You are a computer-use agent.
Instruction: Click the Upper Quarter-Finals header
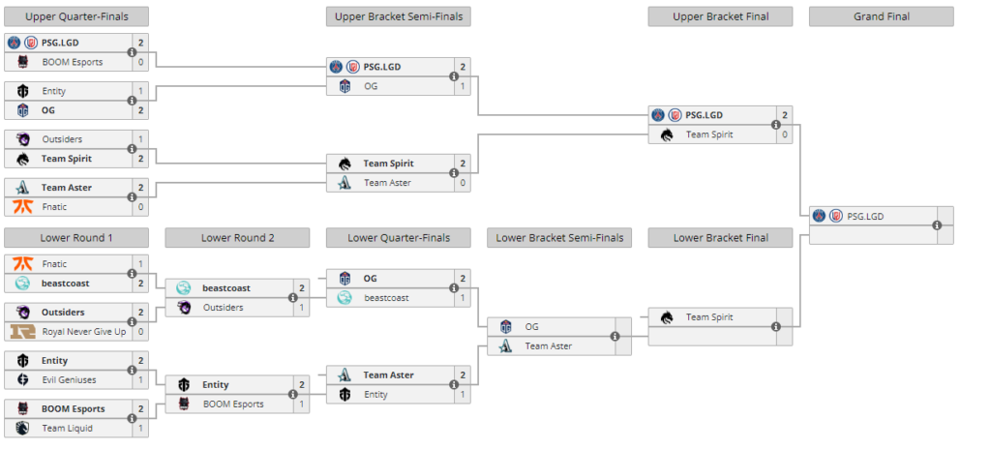pos(76,16)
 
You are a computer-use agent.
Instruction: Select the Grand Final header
pos(881,16)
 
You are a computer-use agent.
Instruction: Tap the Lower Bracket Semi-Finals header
pos(560,238)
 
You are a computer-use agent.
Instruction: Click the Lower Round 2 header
pos(237,238)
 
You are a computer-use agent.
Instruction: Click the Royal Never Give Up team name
pos(82,332)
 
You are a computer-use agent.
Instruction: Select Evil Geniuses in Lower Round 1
pos(70,380)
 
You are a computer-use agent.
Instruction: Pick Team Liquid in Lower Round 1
pos(67,428)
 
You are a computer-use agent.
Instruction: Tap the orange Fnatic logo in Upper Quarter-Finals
pos(23,207)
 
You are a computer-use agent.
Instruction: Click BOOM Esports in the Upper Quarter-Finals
pos(72,62)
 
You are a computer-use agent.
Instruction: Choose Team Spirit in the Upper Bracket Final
pos(711,135)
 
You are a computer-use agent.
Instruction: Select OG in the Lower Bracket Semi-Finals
pos(531,327)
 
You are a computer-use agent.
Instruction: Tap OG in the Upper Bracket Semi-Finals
pos(371,86)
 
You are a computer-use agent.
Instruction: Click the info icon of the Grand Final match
pos(936,225)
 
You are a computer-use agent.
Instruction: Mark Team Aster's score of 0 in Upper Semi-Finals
pos(463,183)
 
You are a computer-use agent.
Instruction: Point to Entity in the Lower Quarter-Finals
pos(375,395)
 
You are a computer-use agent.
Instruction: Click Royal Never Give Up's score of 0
pos(140,332)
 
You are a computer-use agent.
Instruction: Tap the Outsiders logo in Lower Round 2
pos(184,308)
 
